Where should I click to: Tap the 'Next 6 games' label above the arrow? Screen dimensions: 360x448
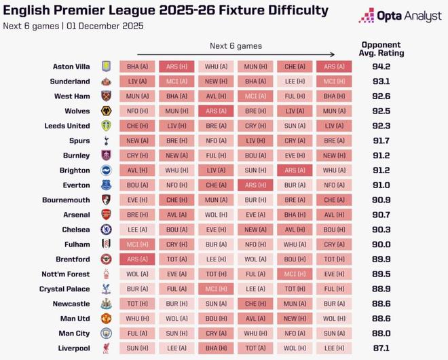click(235, 46)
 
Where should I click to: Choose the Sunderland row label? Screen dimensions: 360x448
click(71, 82)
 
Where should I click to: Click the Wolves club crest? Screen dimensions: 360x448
click(106, 111)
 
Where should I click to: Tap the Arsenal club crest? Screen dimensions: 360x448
click(106, 215)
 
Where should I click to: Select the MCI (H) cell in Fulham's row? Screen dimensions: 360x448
click(138, 244)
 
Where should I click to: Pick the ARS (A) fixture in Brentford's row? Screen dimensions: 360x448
click(138, 259)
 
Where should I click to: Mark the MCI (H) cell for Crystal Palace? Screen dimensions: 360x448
click(217, 289)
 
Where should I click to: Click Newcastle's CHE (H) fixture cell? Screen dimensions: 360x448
click(255, 304)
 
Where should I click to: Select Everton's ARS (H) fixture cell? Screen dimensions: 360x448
click(255, 185)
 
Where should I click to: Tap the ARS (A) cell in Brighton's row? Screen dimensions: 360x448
click(295, 170)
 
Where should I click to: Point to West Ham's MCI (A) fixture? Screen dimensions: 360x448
click(255, 96)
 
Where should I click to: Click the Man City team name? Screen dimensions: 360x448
click(74, 333)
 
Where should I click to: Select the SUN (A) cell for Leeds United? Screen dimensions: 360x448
click(295, 126)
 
